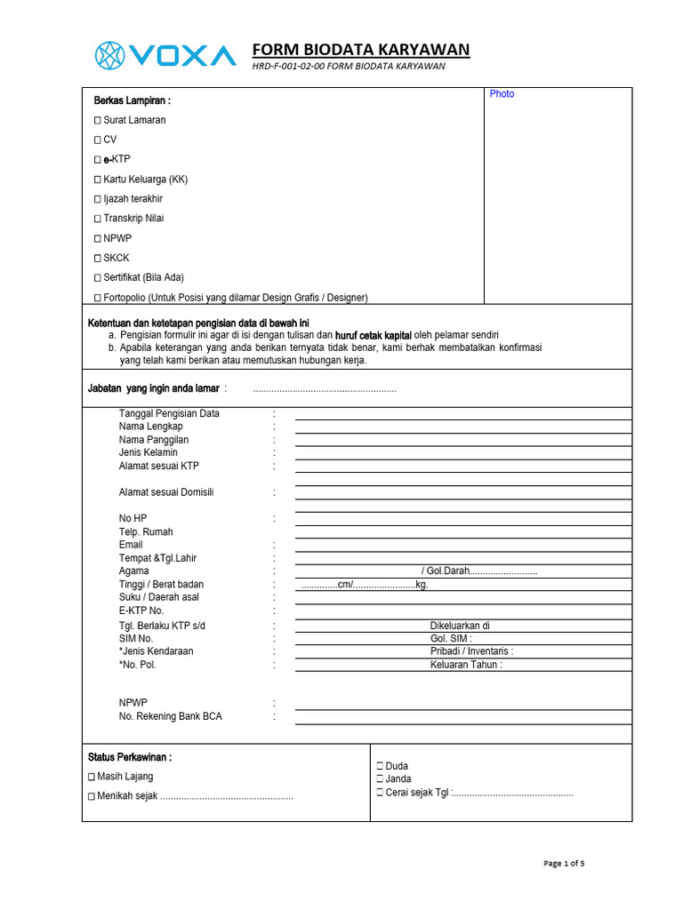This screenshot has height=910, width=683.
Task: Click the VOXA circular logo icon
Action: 111,55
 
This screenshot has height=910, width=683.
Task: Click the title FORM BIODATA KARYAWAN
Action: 361,50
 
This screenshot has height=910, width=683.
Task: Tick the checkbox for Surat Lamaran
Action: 98,120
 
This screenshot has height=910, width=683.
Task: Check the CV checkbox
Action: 98,140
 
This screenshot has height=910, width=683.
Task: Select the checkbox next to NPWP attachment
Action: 98,238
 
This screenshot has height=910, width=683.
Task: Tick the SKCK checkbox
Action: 98,258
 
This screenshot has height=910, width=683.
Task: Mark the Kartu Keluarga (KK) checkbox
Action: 98,180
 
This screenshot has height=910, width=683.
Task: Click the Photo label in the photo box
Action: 502,94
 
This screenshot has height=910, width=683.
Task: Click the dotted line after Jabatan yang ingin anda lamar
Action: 325,389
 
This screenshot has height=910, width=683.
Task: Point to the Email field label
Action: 131,545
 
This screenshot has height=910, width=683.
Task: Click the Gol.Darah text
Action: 447,571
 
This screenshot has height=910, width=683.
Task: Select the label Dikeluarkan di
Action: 460,626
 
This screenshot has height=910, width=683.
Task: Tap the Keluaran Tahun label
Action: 466,665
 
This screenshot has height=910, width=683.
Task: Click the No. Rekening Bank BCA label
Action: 171,716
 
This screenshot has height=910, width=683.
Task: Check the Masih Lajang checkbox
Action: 92,777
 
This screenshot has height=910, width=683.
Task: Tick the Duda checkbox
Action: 380,766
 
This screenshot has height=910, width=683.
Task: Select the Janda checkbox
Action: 380,779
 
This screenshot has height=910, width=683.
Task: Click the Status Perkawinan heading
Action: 130,757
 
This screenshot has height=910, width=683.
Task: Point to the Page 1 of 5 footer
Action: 564,863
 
